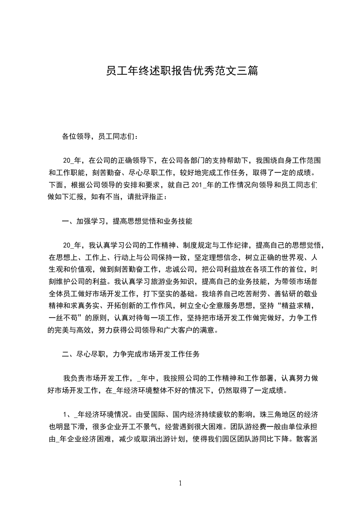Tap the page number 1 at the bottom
[180, 483]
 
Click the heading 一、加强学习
[127, 221]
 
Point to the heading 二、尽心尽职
[130, 354]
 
